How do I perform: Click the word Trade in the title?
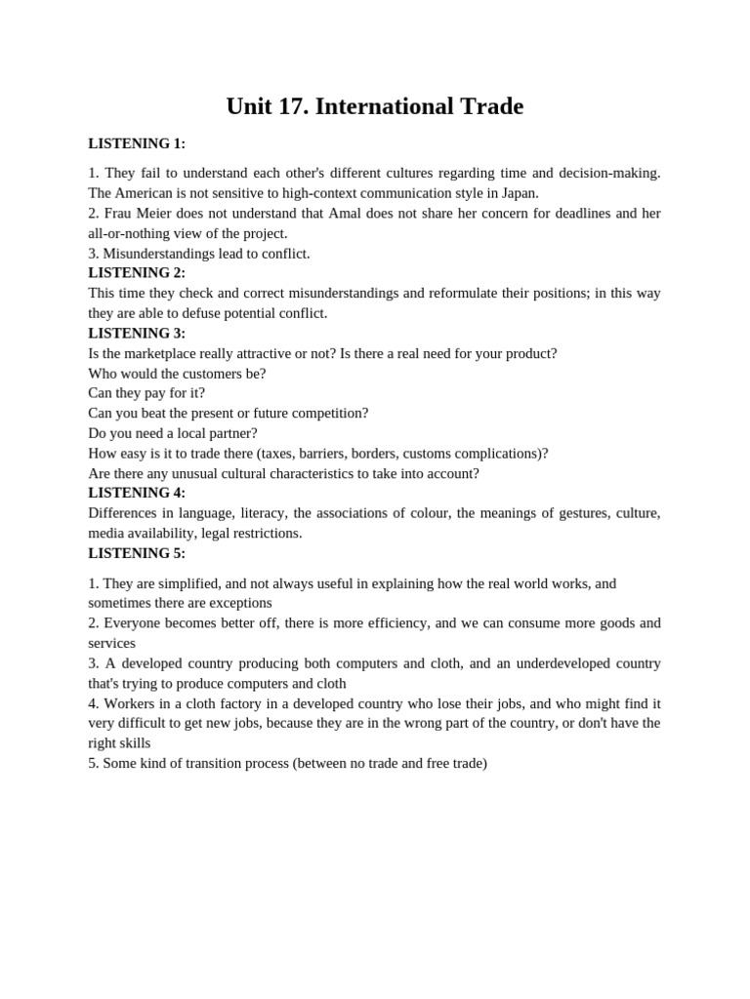click(x=487, y=106)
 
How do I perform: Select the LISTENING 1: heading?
click(x=137, y=143)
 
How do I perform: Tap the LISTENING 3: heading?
click(x=137, y=333)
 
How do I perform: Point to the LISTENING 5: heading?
click(x=137, y=553)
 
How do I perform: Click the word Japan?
click(x=518, y=193)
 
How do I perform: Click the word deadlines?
click(x=579, y=213)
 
